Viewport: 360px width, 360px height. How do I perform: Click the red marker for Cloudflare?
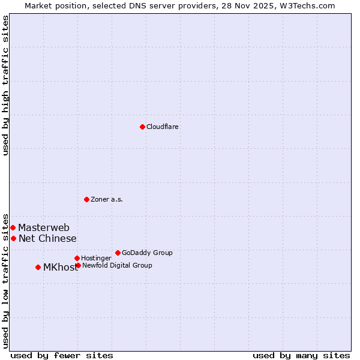[x=142, y=127]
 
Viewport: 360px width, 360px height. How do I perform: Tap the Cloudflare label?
[x=163, y=127]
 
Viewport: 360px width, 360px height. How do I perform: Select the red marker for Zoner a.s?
[x=86, y=199]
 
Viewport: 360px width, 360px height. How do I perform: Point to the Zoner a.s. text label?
[x=107, y=200]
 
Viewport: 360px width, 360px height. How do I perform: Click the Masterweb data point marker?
[x=13, y=227]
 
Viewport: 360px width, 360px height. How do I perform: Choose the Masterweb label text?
[x=44, y=228]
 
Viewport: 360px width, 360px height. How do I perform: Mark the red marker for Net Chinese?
[x=13, y=238]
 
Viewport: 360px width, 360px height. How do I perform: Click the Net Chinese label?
[x=47, y=239]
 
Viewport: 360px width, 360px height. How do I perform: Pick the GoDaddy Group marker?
[x=118, y=253]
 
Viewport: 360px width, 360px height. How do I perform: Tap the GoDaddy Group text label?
[x=147, y=253]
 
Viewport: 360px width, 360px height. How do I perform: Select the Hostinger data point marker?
[x=77, y=258]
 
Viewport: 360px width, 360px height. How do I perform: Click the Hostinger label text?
[x=96, y=259]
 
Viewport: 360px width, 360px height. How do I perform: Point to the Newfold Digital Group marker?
[x=78, y=265]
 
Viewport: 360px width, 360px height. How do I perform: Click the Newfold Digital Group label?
[x=117, y=266]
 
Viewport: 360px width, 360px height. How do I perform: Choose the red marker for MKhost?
[x=38, y=267]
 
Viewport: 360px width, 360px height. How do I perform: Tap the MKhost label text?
[x=61, y=268]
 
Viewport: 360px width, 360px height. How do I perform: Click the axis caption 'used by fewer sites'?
[x=62, y=356]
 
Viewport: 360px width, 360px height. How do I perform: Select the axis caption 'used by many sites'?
[x=301, y=356]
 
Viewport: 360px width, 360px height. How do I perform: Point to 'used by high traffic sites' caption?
[x=6, y=85]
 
